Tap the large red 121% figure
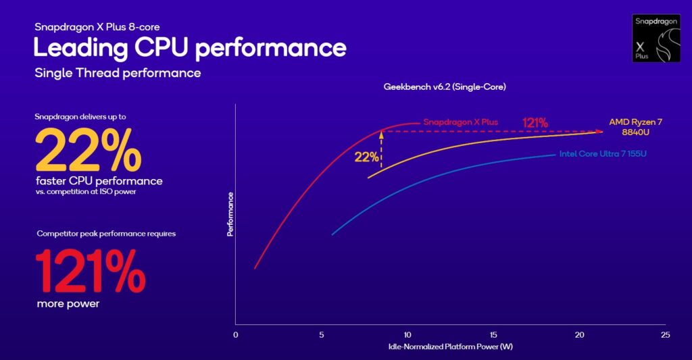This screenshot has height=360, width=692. (89, 269)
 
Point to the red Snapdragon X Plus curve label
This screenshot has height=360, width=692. (460, 122)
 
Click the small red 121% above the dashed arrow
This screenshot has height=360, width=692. (535, 122)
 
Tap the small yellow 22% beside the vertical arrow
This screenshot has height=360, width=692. (366, 157)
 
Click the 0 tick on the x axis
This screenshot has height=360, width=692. (235, 335)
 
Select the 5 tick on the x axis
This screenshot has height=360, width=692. (321, 335)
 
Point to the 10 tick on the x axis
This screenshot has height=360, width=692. (407, 335)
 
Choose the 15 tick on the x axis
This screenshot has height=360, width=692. (493, 335)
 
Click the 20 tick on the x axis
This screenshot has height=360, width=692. (579, 335)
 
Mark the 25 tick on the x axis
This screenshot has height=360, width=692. (665, 335)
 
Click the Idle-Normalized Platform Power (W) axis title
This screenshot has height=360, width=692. (450, 346)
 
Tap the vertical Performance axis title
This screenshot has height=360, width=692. (230, 214)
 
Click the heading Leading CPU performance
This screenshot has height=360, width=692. (190, 48)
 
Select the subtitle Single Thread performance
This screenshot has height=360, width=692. (118, 73)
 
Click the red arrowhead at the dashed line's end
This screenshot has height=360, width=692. (599, 132)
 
